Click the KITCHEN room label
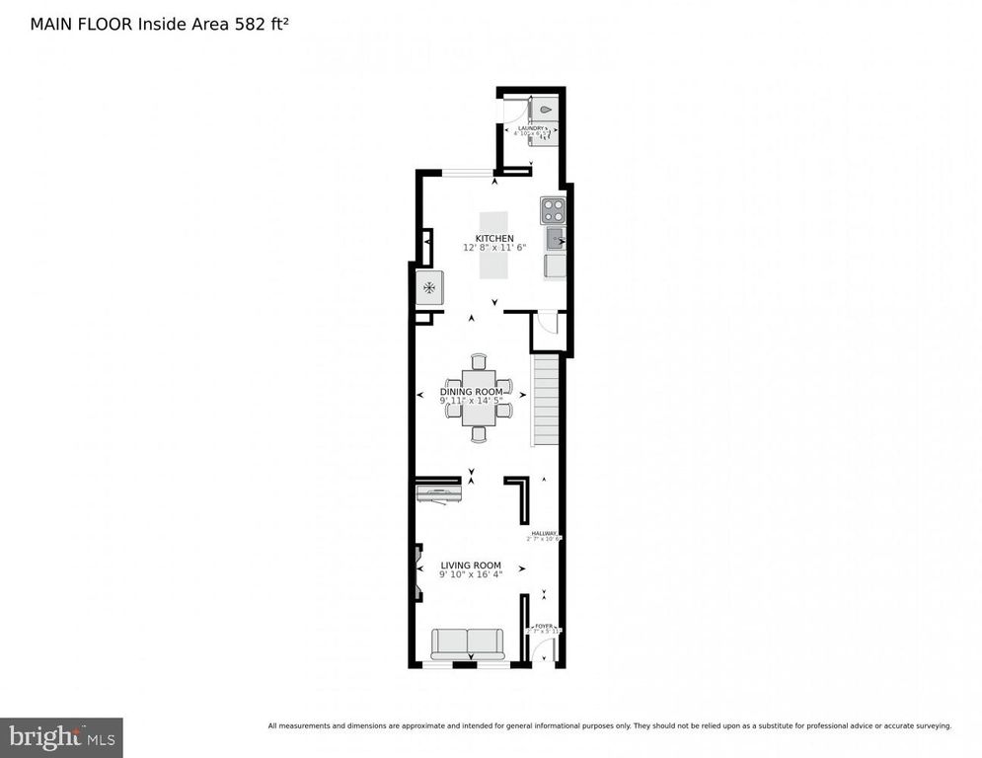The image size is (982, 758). tap(493, 239)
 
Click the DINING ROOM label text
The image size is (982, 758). tap(478, 392)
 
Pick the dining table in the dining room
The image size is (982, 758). tap(480, 397)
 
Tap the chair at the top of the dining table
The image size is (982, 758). tap(480, 361)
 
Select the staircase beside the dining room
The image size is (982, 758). tap(547, 403)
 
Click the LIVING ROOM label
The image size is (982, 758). tap(472, 566)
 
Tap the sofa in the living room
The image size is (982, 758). tap(467, 644)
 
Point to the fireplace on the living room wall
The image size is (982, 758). tap(419, 572)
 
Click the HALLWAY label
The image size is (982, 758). tap(544, 534)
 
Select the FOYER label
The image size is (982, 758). tap(544, 626)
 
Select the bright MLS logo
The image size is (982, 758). tap(61, 736)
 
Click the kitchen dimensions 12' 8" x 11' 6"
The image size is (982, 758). tap(494, 248)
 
